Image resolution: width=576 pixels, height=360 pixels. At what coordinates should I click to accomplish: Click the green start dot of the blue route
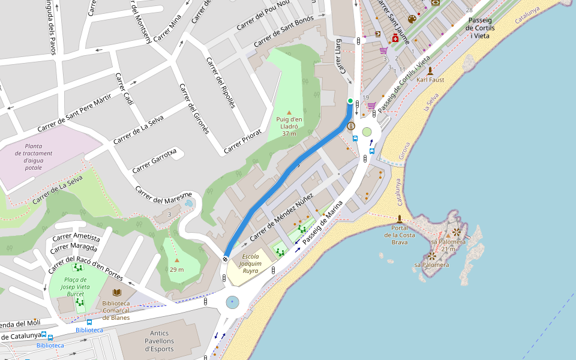[x=350, y=101]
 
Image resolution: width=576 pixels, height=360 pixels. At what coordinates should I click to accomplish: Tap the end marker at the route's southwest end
[x=225, y=259]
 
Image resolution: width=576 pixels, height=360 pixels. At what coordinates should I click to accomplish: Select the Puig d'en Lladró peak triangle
[x=289, y=112]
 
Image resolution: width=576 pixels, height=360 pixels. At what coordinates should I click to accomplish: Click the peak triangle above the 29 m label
[x=176, y=260]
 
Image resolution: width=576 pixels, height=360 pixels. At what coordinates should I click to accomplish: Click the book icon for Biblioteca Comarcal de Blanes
[x=116, y=292]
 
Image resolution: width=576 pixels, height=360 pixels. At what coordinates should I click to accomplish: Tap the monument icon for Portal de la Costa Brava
[x=400, y=218]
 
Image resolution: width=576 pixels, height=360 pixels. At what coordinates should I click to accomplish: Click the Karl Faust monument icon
[x=430, y=70]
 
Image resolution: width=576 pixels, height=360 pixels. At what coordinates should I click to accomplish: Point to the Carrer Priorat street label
[x=243, y=142]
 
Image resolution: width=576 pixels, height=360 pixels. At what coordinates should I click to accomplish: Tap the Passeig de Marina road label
[x=323, y=223]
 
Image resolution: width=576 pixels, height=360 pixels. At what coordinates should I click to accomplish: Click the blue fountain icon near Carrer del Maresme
[x=190, y=203]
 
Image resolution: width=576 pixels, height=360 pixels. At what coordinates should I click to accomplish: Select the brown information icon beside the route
[x=351, y=126]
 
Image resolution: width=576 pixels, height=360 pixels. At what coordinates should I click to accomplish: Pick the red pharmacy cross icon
[x=395, y=38]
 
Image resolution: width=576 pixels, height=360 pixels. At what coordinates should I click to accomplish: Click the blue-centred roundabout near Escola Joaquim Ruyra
[x=233, y=302]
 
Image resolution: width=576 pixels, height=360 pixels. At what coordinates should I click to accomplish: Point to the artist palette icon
[x=412, y=19]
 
